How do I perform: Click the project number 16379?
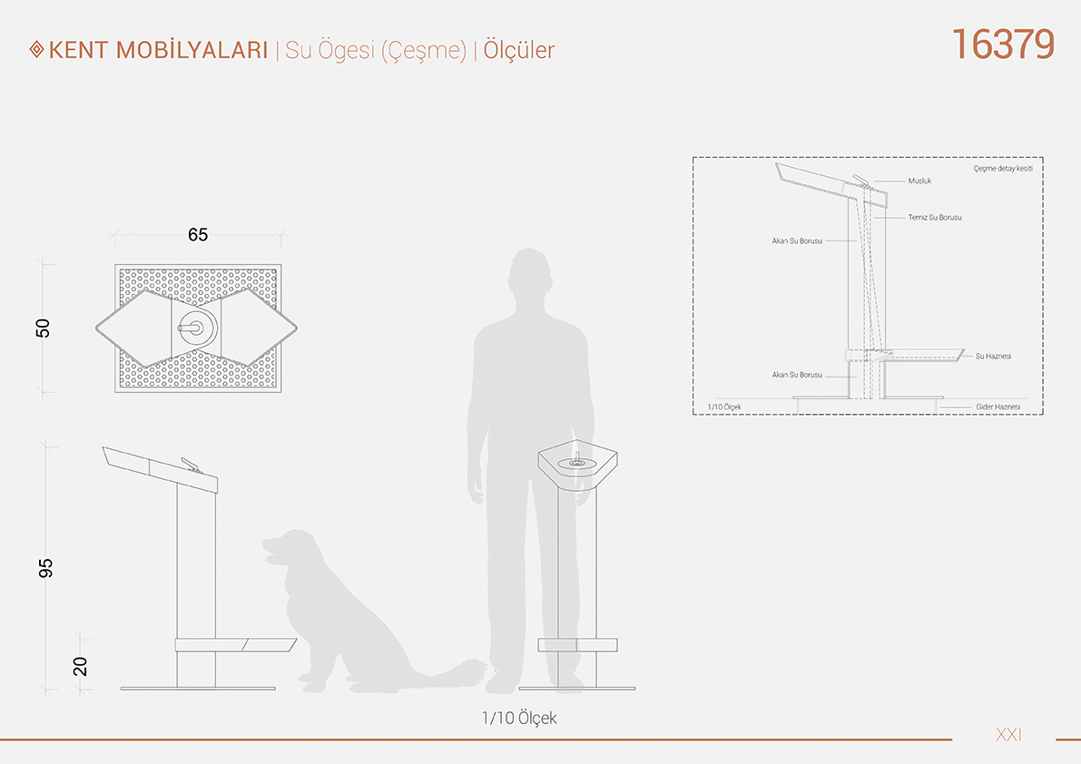click(x=1003, y=44)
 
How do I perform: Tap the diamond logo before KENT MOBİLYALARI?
click(x=36, y=50)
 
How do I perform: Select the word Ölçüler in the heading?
click(x=518, y=50)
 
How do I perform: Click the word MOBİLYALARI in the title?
click(x=192, y=50)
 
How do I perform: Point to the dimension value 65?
click(x=198, y=235)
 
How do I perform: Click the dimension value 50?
click(x=43, y=328)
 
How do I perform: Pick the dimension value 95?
click(x=44, y=568)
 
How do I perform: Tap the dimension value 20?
click(x=80, y=666)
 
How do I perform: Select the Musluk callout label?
click(x=919, y=181)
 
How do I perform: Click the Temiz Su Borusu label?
click(x=935, y=218)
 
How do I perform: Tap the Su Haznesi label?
click(x=994, y=357)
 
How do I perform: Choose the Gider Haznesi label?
click(x=998, y=407)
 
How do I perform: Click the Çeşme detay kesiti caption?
click(x=1003, y=169)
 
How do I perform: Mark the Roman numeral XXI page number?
click(x=1008, y=735)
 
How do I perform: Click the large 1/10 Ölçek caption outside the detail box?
click(x=519, y=718)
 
